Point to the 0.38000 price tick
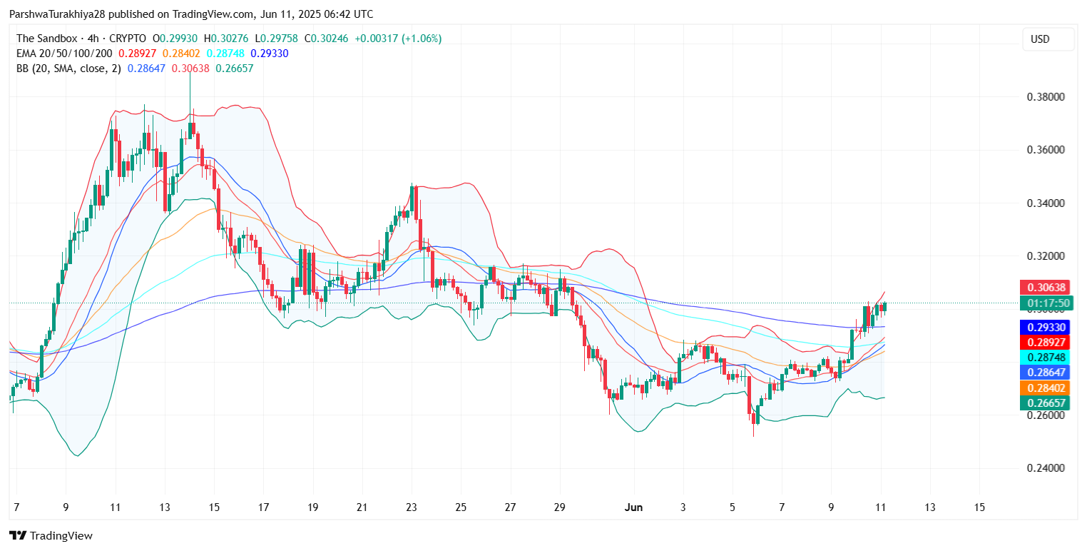(1046, 97)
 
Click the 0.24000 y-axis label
(1046, 468)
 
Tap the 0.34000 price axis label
(1046, 203)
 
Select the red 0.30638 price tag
(1046, 288)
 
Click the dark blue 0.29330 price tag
(1046, 327)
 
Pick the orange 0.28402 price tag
(1046, 388)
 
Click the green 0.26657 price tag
(1046, 403)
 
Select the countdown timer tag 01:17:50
(1046, 303)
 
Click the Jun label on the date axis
(633, 507)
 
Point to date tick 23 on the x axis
(411, 507)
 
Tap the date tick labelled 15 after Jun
(979, 507)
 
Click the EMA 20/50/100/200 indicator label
(64, 54)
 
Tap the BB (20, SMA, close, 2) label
(68, 69)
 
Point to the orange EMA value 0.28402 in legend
(182, 54)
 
